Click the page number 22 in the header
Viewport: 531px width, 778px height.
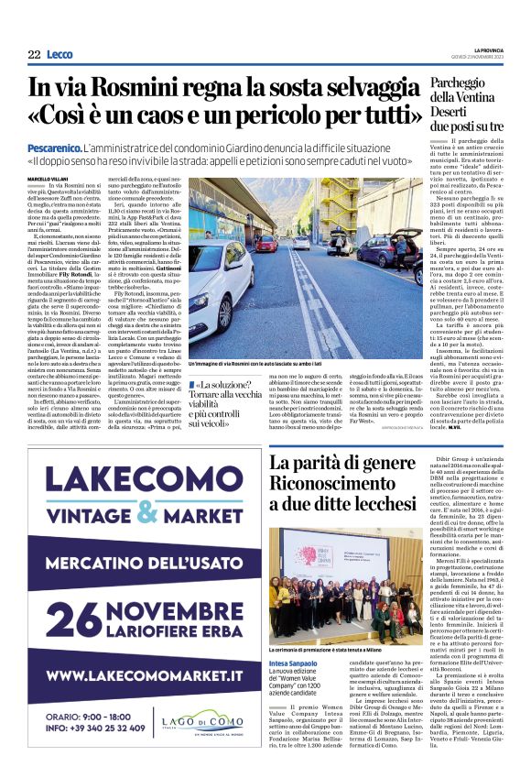click(34, 55)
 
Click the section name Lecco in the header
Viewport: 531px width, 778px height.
click(60, 55)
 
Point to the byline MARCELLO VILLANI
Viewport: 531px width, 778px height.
click(48, 178)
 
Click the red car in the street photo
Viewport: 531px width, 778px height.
click(266, 243)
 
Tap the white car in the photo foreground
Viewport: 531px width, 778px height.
click(218, 275)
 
